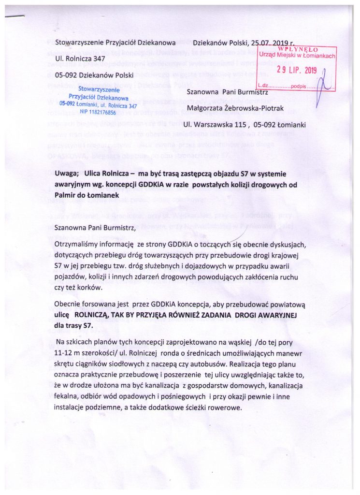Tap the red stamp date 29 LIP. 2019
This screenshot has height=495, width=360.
click(296, 70)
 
